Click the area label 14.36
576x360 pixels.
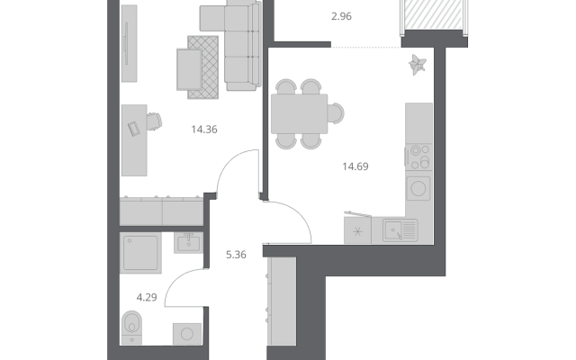pos(204,130)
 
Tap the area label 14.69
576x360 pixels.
pos(355,166)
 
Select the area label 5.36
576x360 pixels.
pos(236,255)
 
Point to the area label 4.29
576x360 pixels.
pos(147,297)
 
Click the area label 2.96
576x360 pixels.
pos(341,16)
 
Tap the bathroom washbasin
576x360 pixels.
pos(188,243)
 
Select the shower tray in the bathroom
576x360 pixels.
pos(140,253)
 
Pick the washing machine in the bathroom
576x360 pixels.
pos(187,334)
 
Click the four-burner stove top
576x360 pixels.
pos(419,157)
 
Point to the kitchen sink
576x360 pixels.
pos(400,230)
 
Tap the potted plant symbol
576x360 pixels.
pos(418,65)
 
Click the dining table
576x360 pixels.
pos(300,114)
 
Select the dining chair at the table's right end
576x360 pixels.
pos(336,113)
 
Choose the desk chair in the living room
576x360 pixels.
pos(154,121)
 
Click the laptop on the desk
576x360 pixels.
pos(134,129)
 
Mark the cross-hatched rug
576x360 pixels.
pos(203,67)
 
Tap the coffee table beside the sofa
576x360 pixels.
pos(189,69)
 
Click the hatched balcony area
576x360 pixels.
pos(434,14)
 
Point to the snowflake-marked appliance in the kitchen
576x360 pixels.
pos(357,230)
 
